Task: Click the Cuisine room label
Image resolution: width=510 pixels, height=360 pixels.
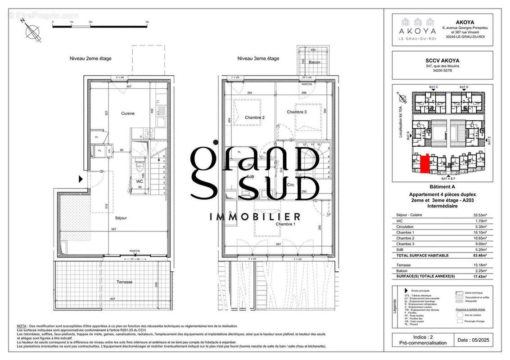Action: (127, 113)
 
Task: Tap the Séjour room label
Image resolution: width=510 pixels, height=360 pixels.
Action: (121, 218)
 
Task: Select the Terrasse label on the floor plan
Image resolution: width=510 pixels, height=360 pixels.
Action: (124, 282)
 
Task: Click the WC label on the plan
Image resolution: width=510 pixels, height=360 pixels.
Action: (140, 182)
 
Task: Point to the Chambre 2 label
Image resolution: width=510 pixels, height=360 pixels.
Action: (254, 117)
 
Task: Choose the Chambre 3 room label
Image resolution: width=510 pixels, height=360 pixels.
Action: (297, 112)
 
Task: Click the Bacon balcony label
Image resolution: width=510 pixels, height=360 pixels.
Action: (314, 62)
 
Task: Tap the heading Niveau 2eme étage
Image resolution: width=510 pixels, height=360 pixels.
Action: (90, 58)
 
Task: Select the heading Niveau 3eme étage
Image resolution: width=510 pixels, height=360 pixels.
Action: (258, 58)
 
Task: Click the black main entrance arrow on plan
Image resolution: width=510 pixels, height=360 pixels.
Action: (81, 179)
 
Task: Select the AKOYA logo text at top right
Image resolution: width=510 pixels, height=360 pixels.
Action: (417, 31)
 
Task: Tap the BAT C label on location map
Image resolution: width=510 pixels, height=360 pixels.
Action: (433, 86)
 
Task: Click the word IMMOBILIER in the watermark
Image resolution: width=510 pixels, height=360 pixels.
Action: (255, 217)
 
